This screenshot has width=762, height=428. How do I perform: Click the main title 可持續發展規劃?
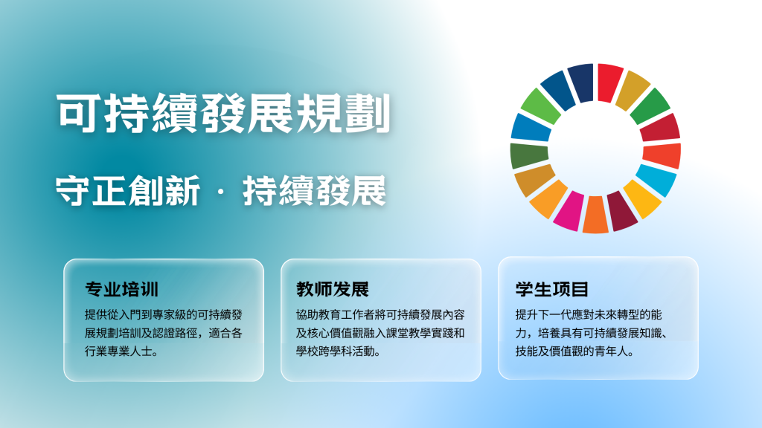click(x=223, y=114)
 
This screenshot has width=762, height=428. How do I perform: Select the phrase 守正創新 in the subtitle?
click(x=128, y=191)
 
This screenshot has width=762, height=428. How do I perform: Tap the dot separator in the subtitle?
click(x=221, y=192)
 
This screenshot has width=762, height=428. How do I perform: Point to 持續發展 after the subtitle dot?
click(x=315, y=191)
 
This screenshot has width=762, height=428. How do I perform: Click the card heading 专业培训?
click(x=121, y=289)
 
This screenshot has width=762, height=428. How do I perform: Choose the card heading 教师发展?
click(x=333, y=289)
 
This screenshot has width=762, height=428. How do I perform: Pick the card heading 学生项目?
click(x=552, y=289)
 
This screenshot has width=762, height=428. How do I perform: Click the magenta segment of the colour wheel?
click(x=569, y=210)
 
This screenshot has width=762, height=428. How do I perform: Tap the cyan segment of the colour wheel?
click(x=656, y=180)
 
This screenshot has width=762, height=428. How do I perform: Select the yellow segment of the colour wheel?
click(x=643, y=198)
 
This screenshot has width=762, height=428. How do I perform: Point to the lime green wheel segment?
click(x=541, y=106)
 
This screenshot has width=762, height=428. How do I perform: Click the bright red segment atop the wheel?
click(x=609, y=82)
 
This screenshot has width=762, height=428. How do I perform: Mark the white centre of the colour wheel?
click(x=595, y=149)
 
